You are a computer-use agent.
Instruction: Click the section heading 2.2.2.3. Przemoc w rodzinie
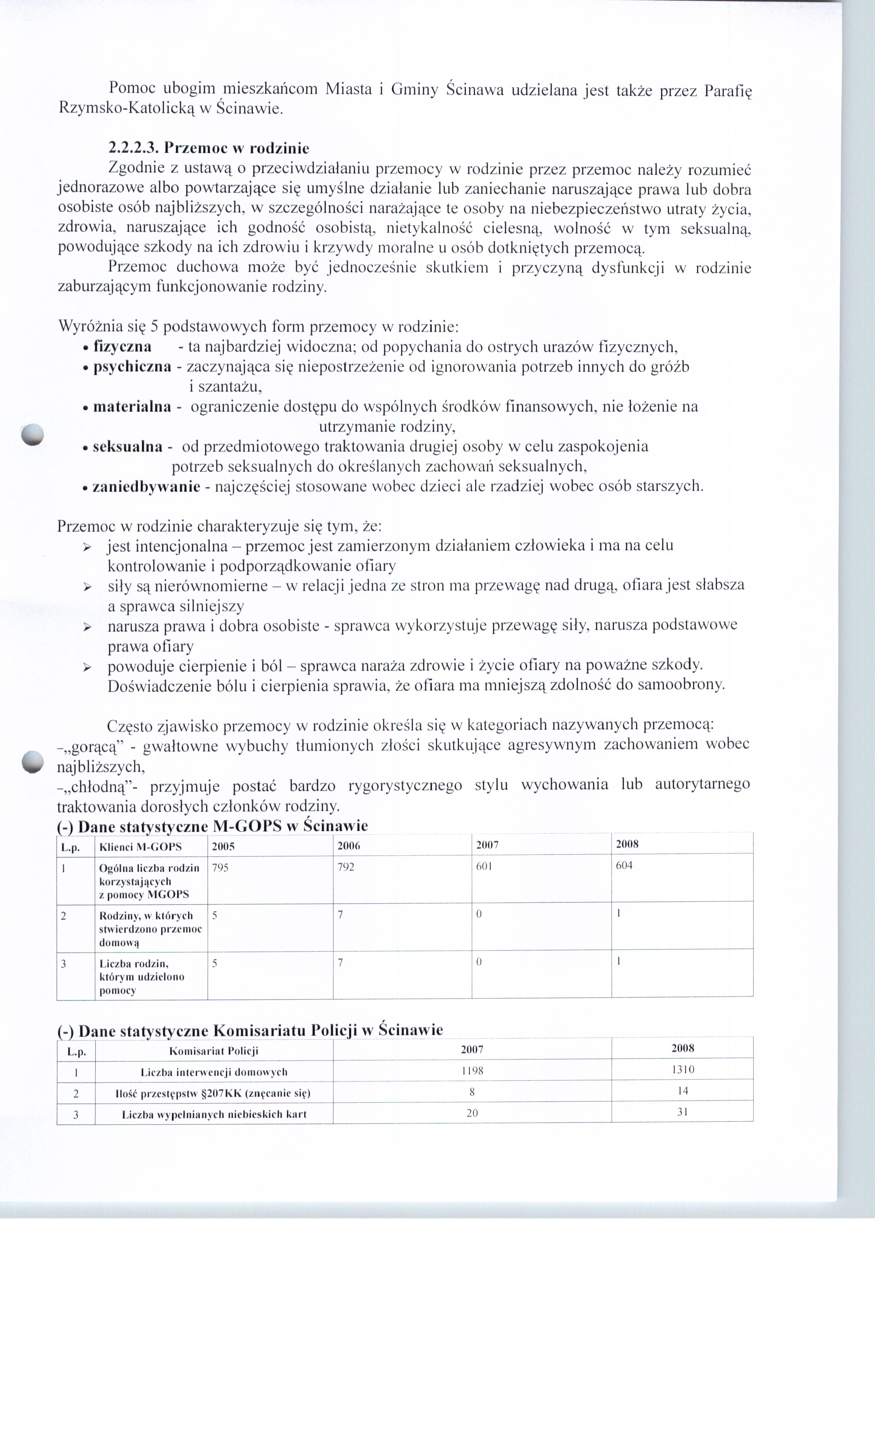[x=208, y=148]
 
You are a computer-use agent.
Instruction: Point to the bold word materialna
[x=132, y=407]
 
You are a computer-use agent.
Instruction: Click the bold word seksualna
[x=128, y=447]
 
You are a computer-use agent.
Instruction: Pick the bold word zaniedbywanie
[x=146, y=487]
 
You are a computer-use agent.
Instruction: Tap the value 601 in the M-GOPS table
[x=484, y=866]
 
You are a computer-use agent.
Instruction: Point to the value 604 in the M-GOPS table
[x=624, y=866]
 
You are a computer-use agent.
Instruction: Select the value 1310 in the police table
[x=682, y=1070]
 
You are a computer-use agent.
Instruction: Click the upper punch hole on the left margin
[x=32, y=433]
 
